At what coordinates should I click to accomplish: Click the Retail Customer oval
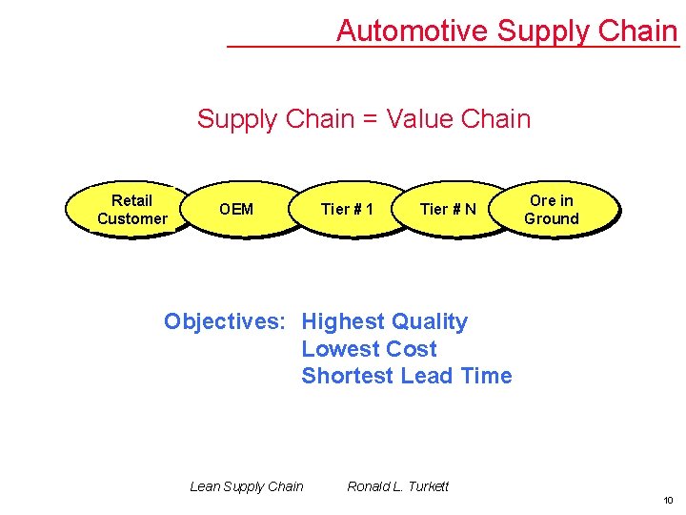pos(131,209)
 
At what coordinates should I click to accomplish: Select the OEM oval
pos(236,209)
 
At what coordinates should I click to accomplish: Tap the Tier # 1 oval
pos(347,209)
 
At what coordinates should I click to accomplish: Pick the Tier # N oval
pos(448,209)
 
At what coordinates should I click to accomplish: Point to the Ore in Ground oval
pos(552,209)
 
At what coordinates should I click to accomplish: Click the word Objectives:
pos(224,321)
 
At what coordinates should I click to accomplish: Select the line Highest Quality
pos(384,321)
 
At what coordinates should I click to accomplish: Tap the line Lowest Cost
pos(369,349)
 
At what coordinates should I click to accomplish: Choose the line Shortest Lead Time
pos(406,376)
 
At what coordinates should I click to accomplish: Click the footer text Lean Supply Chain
pos(247,486)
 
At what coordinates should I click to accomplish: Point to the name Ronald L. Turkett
pos(397,486)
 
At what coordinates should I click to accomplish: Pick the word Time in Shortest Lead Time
pos(486,376)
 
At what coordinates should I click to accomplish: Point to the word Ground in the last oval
pos(552,218)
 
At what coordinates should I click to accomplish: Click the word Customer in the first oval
pos(131,218)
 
